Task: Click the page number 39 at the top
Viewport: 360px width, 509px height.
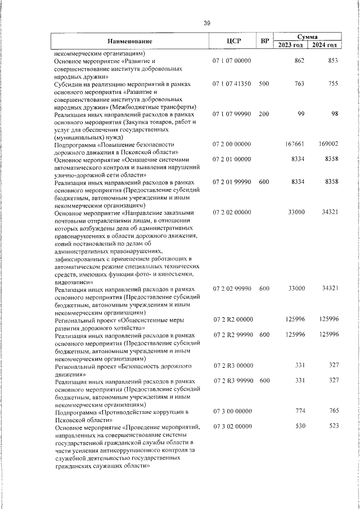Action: (x=207, y=22)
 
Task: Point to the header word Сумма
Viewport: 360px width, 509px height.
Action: (x=307, y=36)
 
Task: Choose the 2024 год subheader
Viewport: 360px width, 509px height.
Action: (x=325, y=45)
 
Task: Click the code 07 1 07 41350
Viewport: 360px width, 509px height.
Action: (x=232, y=84)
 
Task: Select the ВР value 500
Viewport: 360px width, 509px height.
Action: (x=264, y=84)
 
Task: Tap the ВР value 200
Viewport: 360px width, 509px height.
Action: (x=264, y=114)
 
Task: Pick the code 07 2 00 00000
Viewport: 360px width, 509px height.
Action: (x=232, y=145)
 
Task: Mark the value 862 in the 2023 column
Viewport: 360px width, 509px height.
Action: (x=299, y=60)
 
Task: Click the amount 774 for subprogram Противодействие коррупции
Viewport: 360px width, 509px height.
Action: (x=299, y=412)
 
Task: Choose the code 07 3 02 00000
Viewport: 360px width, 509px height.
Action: (x=232, y=427)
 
